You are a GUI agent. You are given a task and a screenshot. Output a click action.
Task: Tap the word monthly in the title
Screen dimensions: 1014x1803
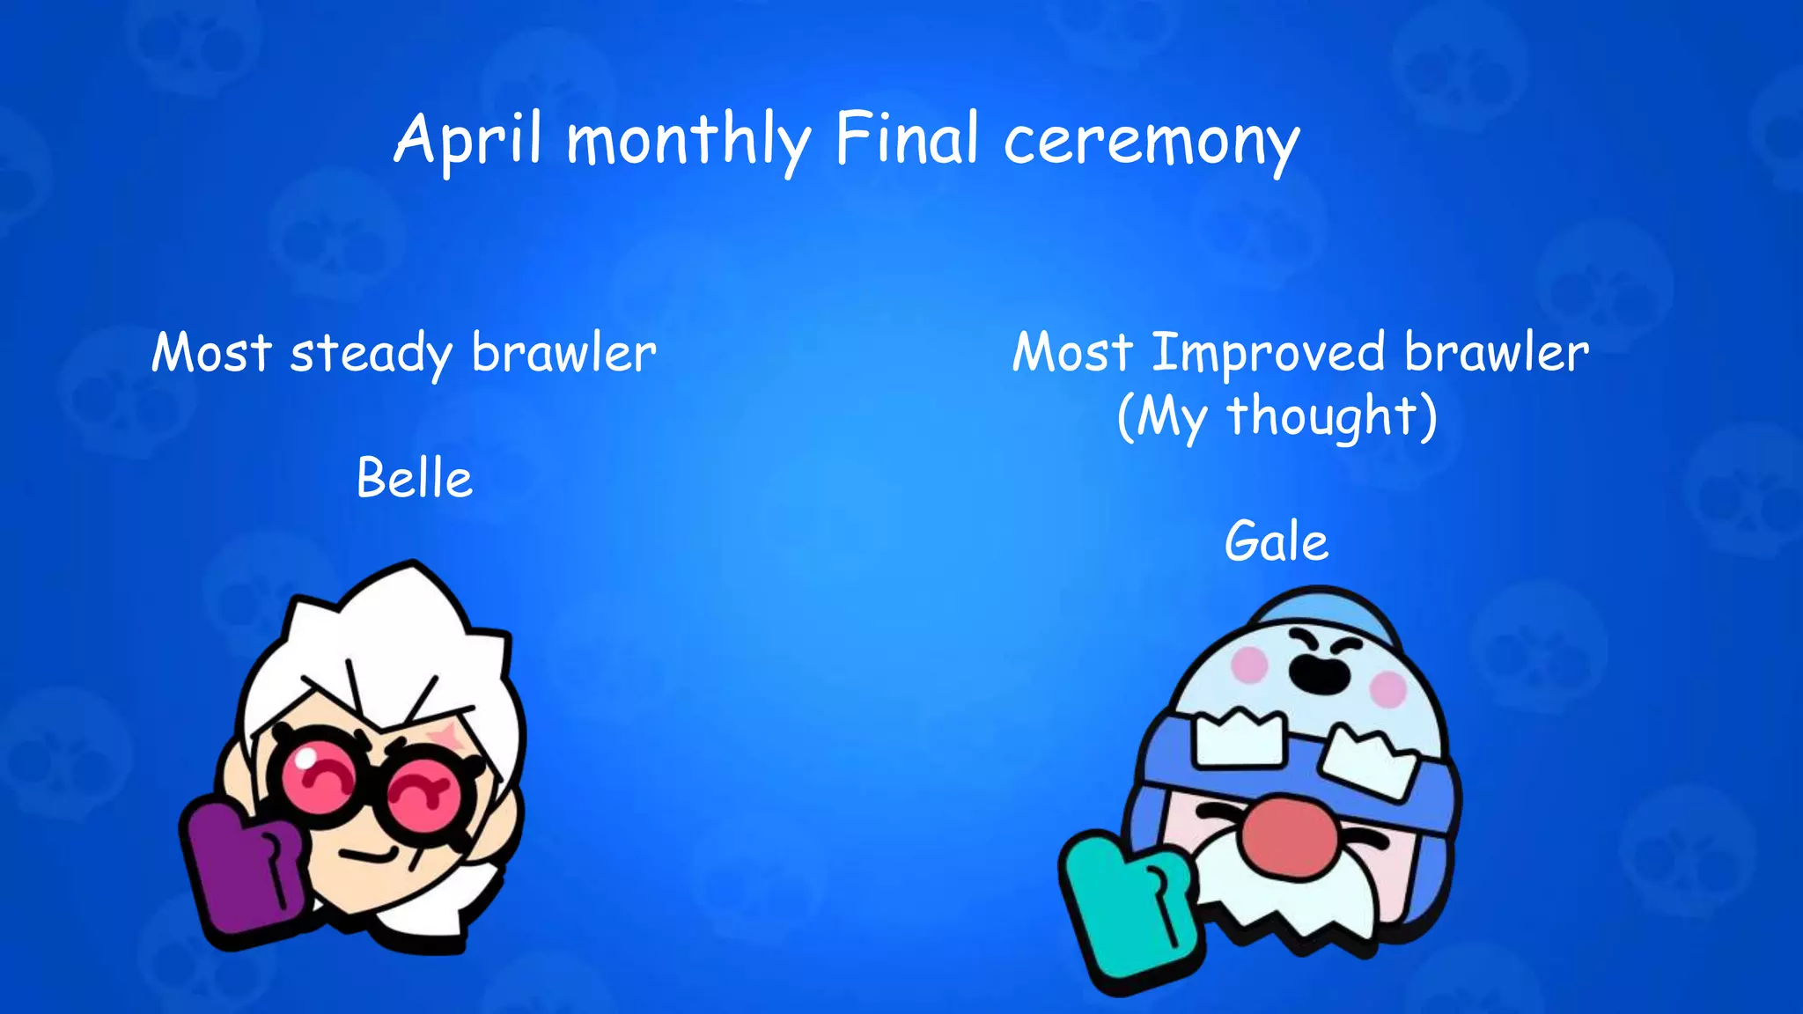pyautogui.click(x=688, y=141)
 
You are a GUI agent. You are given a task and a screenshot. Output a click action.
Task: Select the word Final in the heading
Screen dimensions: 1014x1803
pyautogui.click(x=907, y=139)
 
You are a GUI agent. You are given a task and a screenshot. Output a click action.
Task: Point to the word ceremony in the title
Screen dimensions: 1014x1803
pyautogui.click(x=1152, y=143)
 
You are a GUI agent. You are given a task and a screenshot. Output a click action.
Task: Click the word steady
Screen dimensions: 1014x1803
pyautogui.click(x=370, y=354)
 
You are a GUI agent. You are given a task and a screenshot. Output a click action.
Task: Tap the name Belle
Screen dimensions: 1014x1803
pyautogui.click(x=415, y=479)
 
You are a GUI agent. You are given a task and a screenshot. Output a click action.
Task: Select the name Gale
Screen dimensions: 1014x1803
pyautogui.click(x=1276, y=541)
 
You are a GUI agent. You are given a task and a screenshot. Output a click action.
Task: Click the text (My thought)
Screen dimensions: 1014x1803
pyautogui.click(x=1277, y=416)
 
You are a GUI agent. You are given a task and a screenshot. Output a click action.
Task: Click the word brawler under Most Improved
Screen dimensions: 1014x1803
pyautogui.click(x=1496, y=354)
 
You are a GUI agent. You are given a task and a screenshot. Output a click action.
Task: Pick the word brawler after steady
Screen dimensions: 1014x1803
pyautogui.click(x=563, y=354)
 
